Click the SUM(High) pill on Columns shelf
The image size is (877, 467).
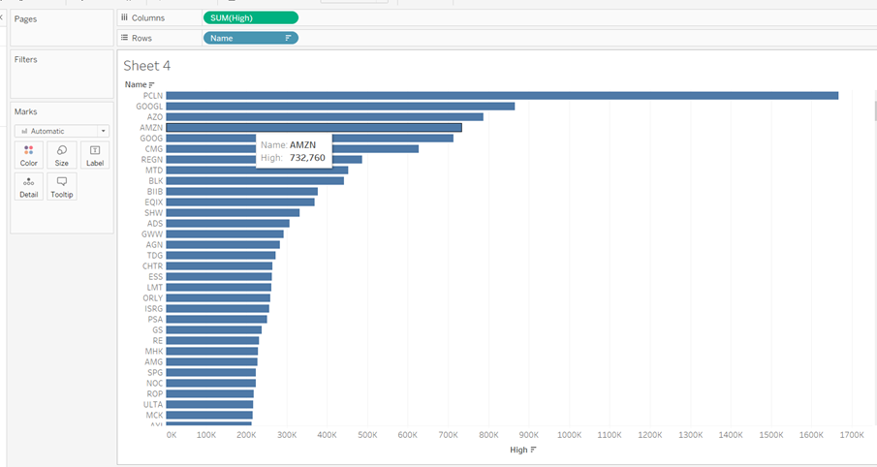pos(250,17)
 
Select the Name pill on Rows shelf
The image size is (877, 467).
pos(250,38)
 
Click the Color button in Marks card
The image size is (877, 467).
pos(29,155)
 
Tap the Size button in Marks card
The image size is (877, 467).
pos(62,155)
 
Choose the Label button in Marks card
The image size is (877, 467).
pos(95,155)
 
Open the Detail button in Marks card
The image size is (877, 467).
pos(29,187)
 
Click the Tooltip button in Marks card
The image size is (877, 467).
pos(62,187)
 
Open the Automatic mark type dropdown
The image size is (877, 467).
pos(62,131)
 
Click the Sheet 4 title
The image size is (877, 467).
pos(147,66)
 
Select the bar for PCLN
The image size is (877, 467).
pos(501,95)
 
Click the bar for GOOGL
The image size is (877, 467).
pos(339,106)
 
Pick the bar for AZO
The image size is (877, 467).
pos(324,116)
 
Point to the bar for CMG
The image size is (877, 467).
pos(292,148)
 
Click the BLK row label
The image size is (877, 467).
pos(155,180)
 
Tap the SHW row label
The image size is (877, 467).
pos(154,212)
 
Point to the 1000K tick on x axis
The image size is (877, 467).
pos(569,435)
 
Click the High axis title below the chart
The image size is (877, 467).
pos(519,450)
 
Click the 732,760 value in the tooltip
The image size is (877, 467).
pos(307,157)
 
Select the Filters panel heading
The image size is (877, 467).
pos(26,60)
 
